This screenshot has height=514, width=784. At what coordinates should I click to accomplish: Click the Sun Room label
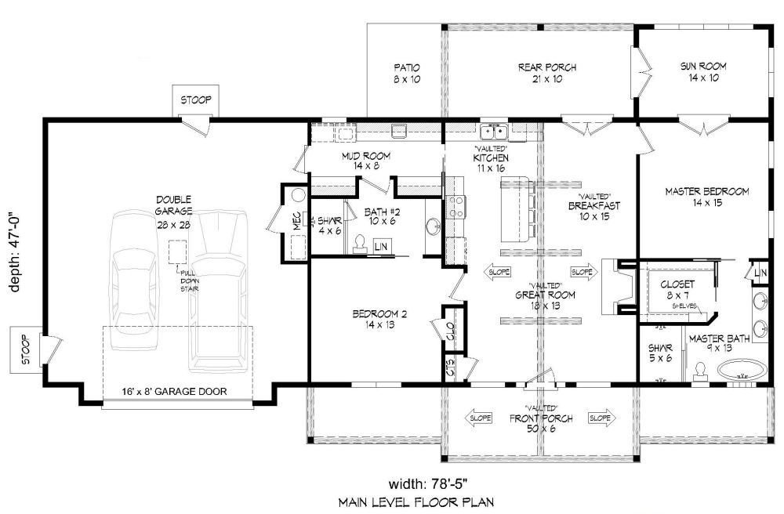coord(703,66)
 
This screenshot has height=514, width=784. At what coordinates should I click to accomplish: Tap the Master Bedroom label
coord(707,191)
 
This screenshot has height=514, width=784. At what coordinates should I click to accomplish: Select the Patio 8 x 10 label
coord(407,73)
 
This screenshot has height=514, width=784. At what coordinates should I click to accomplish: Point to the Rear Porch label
coord(547,67)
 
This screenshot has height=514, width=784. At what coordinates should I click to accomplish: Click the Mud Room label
coord(366,156)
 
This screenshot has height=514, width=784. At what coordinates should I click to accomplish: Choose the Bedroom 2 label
coord(379,313)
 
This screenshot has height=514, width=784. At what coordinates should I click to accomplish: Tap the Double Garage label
coord(173,205)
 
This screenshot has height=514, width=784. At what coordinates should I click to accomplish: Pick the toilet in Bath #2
coord(359,244)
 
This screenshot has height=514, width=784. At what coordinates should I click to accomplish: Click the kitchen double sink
coord(494,132)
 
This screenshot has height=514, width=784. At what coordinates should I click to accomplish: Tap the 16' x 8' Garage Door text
coord(175,392)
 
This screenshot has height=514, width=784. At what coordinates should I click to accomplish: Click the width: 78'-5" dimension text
coord(428,483)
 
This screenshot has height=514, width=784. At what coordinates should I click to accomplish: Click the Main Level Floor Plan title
coord(416,502)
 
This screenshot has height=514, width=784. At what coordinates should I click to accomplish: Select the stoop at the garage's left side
coord(26,349)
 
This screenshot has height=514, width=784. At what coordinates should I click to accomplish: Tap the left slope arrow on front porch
coord(479,418)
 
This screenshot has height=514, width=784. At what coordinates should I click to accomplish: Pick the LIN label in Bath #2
coord(381,246)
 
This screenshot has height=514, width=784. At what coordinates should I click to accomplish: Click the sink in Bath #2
coord(433,226)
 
